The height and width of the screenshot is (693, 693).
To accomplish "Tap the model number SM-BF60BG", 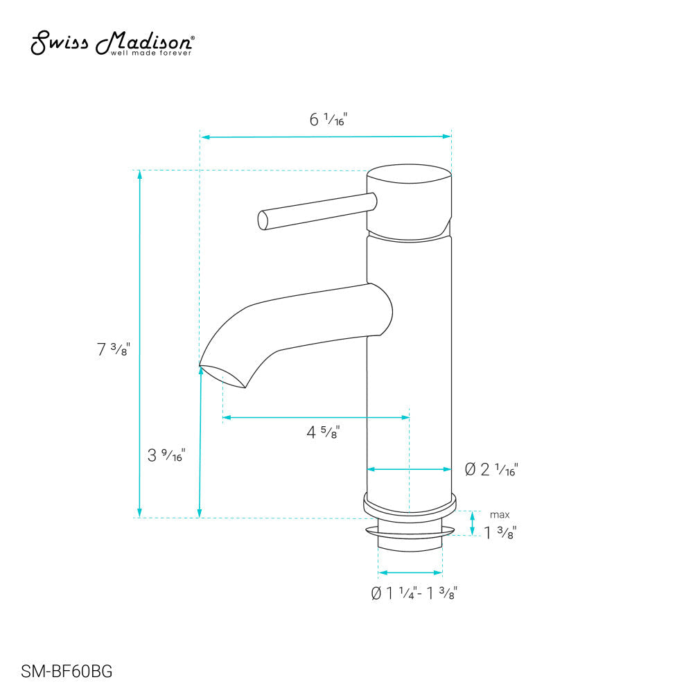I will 67,672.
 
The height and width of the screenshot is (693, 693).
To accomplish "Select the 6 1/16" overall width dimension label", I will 328,120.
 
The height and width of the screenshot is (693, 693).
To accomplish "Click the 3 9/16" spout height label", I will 166,456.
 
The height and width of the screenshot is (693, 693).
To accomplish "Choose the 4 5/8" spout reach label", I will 323,433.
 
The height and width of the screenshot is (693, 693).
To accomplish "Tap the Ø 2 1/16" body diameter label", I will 491,470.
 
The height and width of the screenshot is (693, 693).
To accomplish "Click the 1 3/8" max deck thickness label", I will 500,532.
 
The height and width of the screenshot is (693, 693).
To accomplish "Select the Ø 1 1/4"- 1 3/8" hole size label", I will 414,593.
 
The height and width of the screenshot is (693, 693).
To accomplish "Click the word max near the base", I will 500,515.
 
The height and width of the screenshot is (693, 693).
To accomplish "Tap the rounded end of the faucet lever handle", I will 263,220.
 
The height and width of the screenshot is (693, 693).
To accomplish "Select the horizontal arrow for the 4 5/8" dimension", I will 315,417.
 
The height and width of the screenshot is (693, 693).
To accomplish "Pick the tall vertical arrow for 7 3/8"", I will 140,343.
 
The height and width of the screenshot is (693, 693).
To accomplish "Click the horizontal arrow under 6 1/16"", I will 326,137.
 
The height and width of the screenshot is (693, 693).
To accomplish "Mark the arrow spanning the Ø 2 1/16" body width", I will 409,469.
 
